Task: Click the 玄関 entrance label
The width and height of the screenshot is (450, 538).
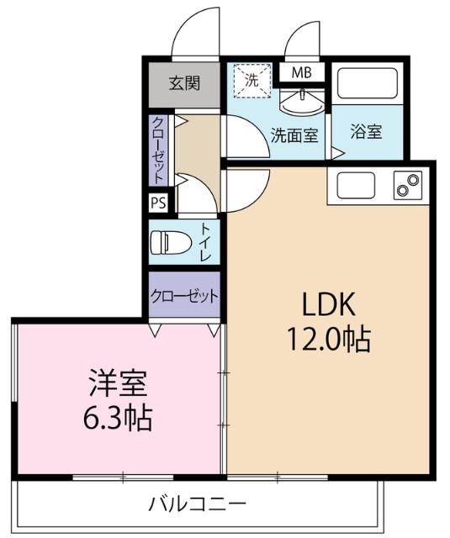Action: click(184, 83)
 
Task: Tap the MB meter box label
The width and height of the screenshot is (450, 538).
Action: click(302, 72)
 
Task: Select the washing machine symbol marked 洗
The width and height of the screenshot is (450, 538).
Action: click(251, 81)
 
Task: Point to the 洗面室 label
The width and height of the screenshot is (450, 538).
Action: click(294, 134)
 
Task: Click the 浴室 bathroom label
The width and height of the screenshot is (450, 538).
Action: click(367, 132)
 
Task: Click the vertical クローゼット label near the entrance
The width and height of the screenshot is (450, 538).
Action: click(158, 149)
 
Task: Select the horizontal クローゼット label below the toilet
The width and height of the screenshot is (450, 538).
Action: click(184, 296)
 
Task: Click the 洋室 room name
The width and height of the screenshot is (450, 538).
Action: click(119, 384)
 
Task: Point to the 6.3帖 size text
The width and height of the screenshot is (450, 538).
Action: click(119, 418)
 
